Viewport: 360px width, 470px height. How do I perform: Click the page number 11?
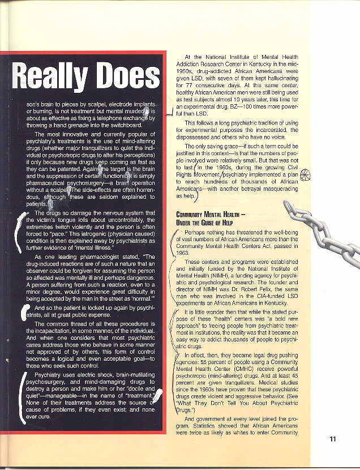click(333, 438)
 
